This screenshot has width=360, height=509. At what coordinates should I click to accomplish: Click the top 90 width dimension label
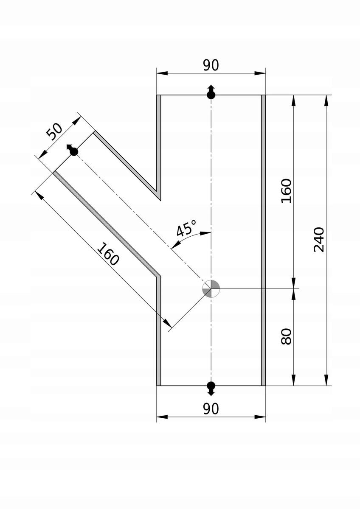pyautogui.click(x=211, y=65)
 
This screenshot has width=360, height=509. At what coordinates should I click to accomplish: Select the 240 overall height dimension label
pyautogui.click(x=319, y=239)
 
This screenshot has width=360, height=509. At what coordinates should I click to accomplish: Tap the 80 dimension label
pyautogui.click(x=286, y=336)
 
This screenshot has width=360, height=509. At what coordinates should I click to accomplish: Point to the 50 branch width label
pyautogui.click(x=54, y=131)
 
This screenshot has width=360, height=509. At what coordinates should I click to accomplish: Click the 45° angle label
pyautogui.click(x=186, y=228)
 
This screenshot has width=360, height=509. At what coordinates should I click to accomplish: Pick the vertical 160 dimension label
pyautogui.click(x=286, y=191)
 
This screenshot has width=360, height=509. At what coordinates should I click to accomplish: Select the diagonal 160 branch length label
pyautogui.click(x=108, y=254)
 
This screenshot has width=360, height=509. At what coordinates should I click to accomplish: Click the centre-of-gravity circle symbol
pyautogui.click(x=211, y=288)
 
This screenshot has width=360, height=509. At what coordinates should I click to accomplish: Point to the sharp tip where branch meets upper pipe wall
pyautogui.click(x=160, y=200)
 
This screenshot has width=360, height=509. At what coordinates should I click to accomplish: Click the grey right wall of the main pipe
pyautogui.click(x=263, y=240)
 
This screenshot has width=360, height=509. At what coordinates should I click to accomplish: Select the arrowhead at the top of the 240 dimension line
pyautogui.click(x=327, y=100)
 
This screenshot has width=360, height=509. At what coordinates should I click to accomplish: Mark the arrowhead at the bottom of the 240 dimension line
pyautogui.click(x=327, y=380)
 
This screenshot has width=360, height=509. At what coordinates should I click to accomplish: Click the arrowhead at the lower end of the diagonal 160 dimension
pyautogui.click(x=168, y=323)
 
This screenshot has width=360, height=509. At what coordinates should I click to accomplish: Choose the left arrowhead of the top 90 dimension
pyautogui.click(x=162, y=73)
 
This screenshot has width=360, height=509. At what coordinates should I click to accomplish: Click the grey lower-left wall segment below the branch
pyautogui.click(x=158, y=331)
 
